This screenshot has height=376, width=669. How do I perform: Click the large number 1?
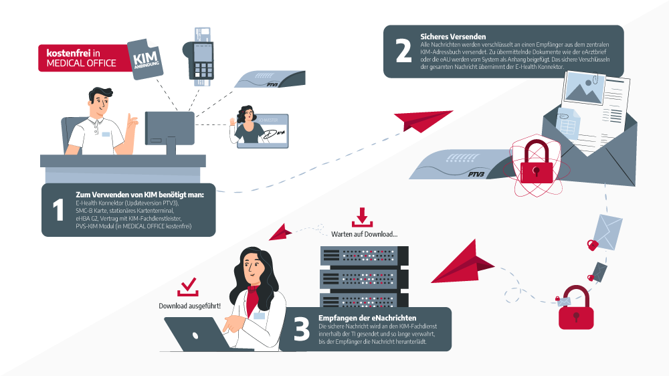[58, 209]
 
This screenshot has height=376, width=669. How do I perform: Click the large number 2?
[403, 52]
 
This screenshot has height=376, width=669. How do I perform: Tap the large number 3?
[302, 328]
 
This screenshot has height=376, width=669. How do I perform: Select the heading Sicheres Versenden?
[453, 35]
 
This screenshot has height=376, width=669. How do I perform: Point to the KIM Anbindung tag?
[144, 58]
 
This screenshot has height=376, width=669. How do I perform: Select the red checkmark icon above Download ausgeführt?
[188, 288]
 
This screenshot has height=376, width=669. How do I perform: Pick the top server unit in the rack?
[364, 256]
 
